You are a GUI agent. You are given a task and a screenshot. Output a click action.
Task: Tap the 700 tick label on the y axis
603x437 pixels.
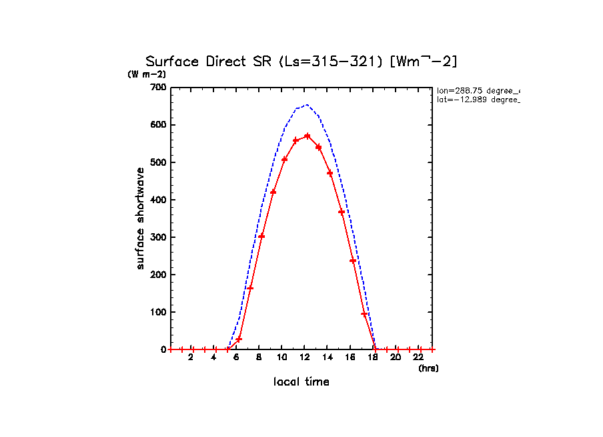pyautogui.click(x=158, y=88)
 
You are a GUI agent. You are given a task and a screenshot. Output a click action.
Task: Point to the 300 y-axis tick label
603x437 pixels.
pyautogui.click(x=158, y=237)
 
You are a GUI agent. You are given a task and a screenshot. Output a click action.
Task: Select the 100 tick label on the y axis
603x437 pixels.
pyautogui.click(x=158, y=312)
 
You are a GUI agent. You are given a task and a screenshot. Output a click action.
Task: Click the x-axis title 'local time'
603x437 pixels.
pyautogui.click(x=301, y=382)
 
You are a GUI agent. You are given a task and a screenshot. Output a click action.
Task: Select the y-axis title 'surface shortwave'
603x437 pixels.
pyautogui.click(x=140, y=219)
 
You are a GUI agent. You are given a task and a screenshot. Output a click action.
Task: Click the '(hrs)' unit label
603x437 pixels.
pyautogui.click(x=428, y=368)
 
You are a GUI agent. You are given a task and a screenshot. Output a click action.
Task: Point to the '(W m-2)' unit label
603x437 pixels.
pyautogui.click(x=147, y=74)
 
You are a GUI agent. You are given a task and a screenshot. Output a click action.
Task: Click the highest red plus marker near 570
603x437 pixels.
pyautogui.click(x=307, y=136)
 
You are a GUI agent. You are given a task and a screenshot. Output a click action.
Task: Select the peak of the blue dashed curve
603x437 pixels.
pyautogui.click(x=306, y=105)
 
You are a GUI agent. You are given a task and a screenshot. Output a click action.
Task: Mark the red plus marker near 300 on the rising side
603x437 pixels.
pyautogui.click(x=261, y=236)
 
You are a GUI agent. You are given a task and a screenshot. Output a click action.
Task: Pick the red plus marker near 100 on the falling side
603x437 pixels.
pyautogui.click(x=364, y=313)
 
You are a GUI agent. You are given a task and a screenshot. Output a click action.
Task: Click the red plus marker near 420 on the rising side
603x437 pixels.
pyautogui.click(x=273, y=192)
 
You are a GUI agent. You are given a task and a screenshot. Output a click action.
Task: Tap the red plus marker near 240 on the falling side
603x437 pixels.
pyautogui.click(x=353, y=261)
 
